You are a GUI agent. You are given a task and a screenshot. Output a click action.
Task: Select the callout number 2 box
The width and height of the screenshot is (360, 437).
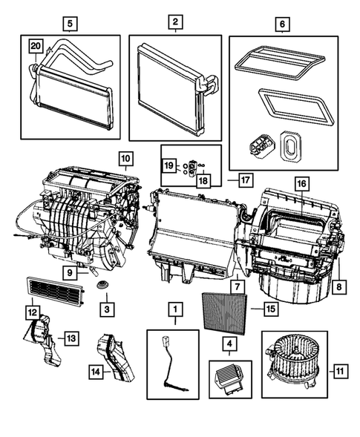[x=174, y=23]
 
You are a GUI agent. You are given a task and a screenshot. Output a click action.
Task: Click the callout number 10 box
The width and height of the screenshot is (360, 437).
[x=124, y=158]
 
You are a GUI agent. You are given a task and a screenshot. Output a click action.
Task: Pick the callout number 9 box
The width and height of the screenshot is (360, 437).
[x=70, y=273]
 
